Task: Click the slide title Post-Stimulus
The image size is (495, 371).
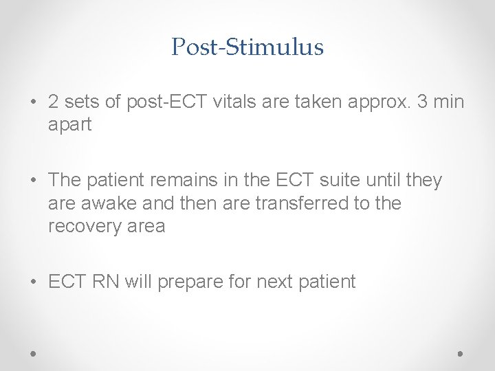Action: (247, 47)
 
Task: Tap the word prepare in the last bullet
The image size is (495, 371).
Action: (189, 282)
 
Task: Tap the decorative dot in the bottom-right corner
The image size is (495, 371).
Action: (460, 353)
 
